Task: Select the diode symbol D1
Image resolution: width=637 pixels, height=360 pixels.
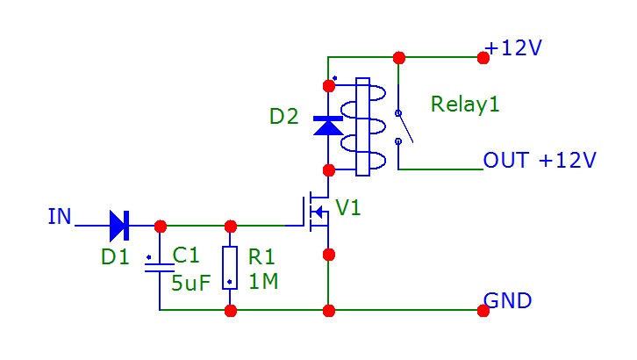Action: coord(119,226)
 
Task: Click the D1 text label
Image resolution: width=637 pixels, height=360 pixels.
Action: coord(114,258)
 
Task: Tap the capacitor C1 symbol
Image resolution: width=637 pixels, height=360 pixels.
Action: coord(160,268)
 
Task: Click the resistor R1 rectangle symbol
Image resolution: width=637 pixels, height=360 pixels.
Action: coord(230,268)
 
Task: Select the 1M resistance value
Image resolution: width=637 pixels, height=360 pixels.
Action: coord(262,283)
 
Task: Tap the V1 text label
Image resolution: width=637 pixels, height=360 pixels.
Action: coord(348,208)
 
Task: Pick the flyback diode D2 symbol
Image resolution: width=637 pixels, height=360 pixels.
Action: coord(329,126)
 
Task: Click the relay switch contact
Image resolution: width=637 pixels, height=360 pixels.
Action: coord(399,126)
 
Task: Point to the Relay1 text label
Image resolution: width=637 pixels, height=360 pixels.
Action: coord(465,104)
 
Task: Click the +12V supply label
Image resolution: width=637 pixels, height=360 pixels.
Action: coord(514,48)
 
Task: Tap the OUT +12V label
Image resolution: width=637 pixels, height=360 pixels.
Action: coord(540,161)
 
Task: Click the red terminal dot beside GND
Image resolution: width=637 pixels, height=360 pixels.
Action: coord(483,311)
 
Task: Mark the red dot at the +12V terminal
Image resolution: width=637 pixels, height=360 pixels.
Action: coord(483,58)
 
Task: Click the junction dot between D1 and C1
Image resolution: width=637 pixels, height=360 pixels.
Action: coord(160,226)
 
